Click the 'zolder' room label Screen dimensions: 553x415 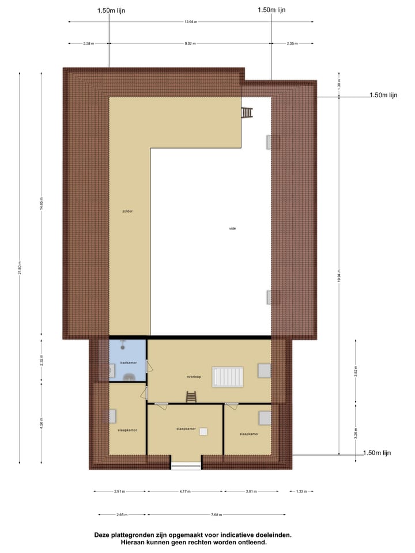click(x=127, y=211)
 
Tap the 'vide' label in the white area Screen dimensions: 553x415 click(x=232, y=228)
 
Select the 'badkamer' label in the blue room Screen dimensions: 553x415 click(x=128, y=362)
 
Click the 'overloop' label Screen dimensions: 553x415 click(x=193, y=376)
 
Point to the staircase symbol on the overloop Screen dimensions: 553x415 click(x=229, y=377)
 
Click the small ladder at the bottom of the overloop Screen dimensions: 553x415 click(x=191, y=397)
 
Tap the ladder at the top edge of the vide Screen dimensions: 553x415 click(x=247, y=112)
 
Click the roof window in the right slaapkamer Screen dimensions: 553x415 click(x=265, y=417)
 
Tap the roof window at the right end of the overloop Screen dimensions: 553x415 click(x=264, y=370)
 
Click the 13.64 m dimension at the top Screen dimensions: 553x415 click(x=191, y=22)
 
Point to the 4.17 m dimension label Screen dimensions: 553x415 click(x=186, y=491)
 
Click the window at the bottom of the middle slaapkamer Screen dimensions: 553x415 click(x=186, y=464)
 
